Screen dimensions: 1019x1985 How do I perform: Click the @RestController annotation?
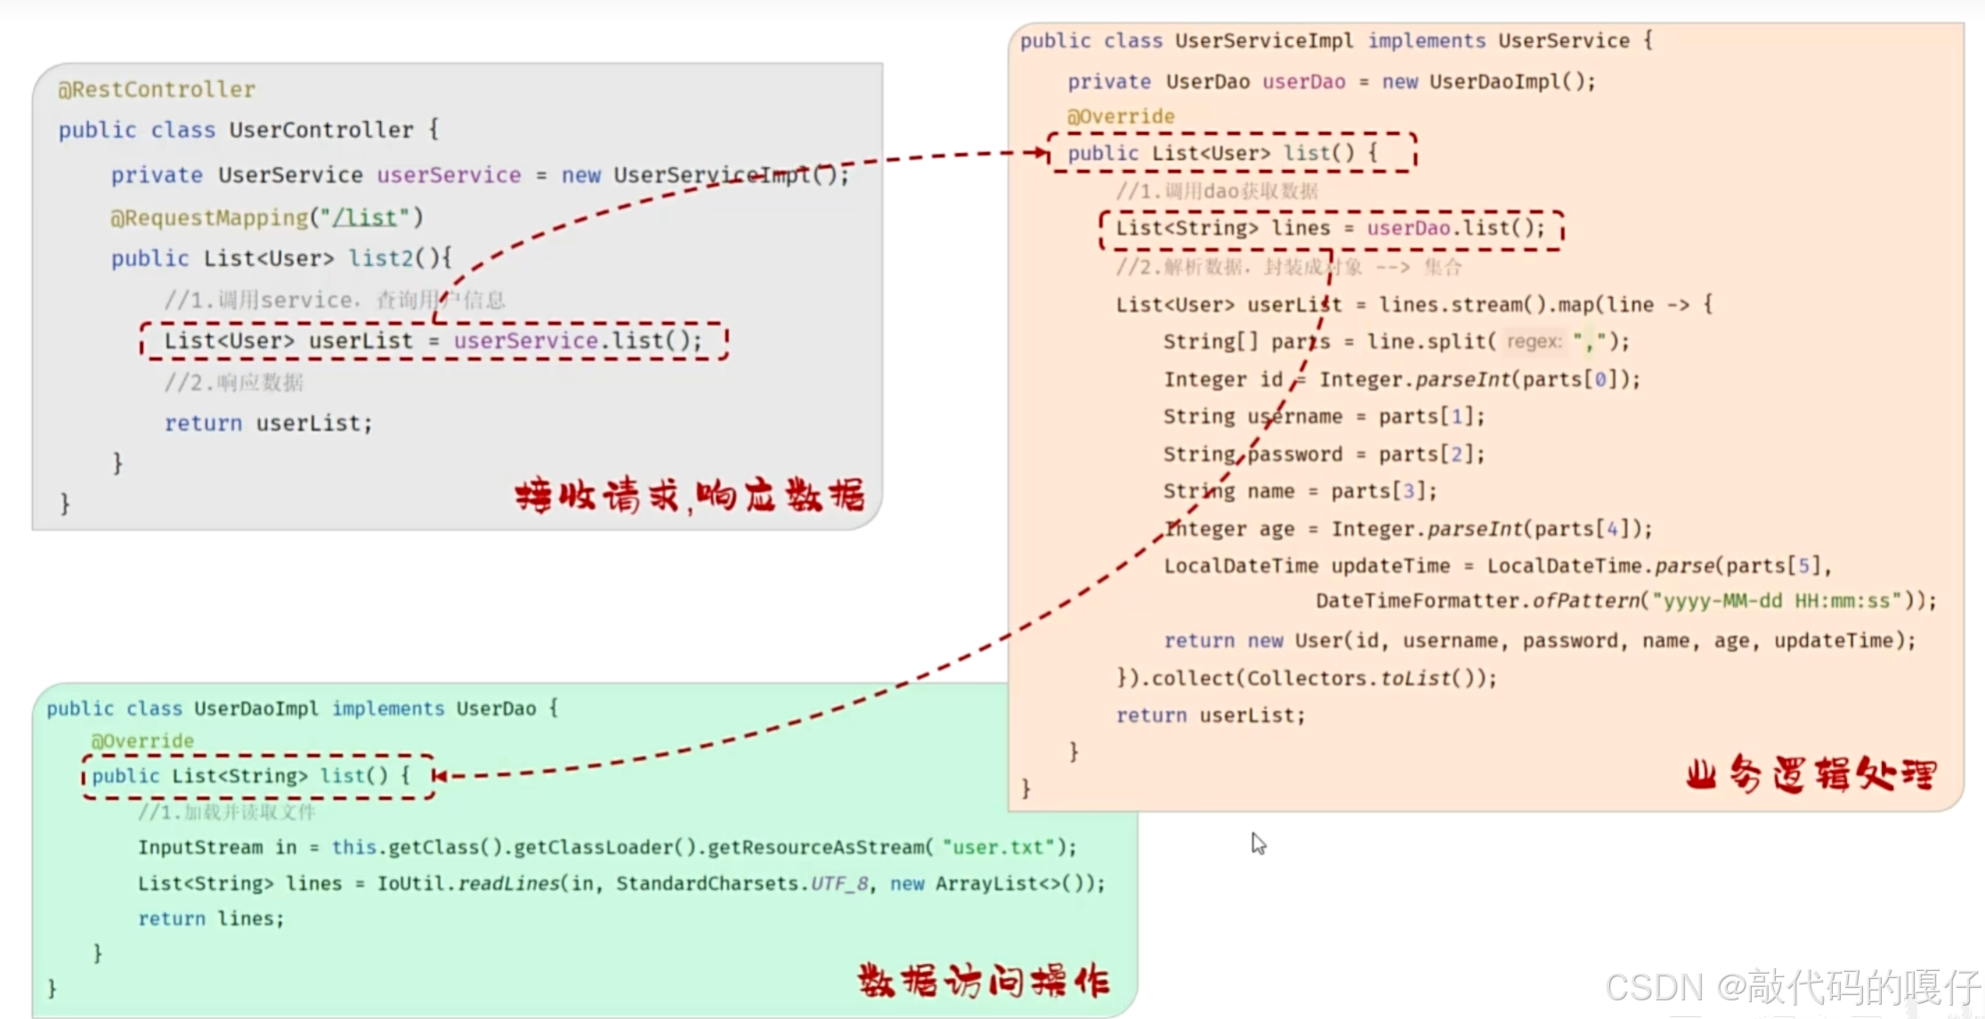[x=157, y=89]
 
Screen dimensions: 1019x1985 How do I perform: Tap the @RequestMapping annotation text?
[x=209, y=217]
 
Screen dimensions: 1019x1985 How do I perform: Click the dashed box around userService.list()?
[x=433, y=341]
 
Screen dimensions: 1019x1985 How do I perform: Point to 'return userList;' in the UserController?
[x=268, y=423]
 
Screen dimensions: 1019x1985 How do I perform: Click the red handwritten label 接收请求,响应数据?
[x=689, y=496]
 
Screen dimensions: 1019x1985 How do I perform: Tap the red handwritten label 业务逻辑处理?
[x=1811, y=773]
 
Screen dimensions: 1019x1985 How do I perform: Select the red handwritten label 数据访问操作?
[x=984, y=981]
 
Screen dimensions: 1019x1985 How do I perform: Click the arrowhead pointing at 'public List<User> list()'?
[x=1040, y=152]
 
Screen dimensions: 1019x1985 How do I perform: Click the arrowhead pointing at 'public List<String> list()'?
[x=441, y=776]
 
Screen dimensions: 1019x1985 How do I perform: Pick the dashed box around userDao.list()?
[x=1331, y=229]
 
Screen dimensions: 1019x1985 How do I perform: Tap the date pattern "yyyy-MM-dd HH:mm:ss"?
[x=1777, y=601]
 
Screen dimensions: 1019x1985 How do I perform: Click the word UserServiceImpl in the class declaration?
[x=1263, y=41]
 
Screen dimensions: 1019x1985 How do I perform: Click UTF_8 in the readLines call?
[x=839, y=884]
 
